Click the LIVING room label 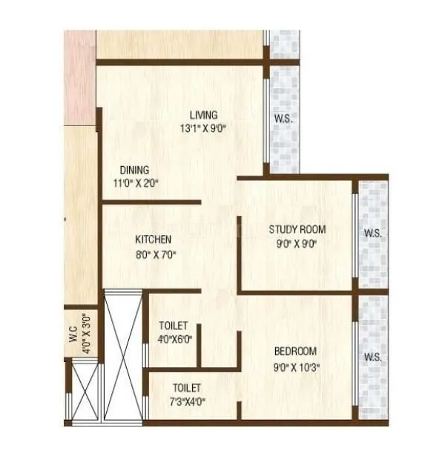[203, 115]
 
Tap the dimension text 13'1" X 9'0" [203, 128]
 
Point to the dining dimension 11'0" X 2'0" [135, 182]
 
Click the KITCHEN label [154, 240]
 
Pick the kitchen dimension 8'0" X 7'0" [155, 254]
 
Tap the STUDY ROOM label [297, 229]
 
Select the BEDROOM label [295, 351]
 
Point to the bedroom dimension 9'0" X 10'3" [296, 365]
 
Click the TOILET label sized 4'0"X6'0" [173, 326]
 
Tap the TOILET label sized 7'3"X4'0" [187, 387]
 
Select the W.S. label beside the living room [282, 119]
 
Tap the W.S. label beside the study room [372, 234]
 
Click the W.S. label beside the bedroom [372, 357]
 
